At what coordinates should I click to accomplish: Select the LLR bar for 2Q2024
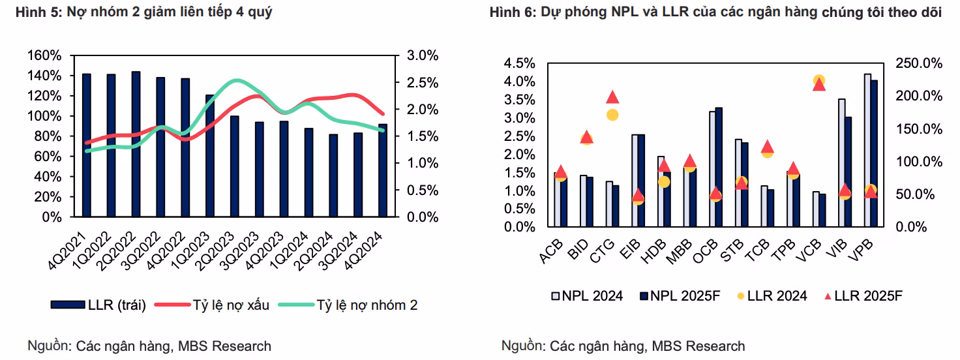[333, 175]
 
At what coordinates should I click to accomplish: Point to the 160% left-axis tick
[45, 55]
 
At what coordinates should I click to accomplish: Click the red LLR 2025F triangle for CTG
[612, 97]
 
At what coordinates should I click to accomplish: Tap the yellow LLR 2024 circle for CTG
[612, 115]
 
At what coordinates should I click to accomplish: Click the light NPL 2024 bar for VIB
[842, 163]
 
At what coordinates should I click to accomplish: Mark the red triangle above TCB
[768, 146]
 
